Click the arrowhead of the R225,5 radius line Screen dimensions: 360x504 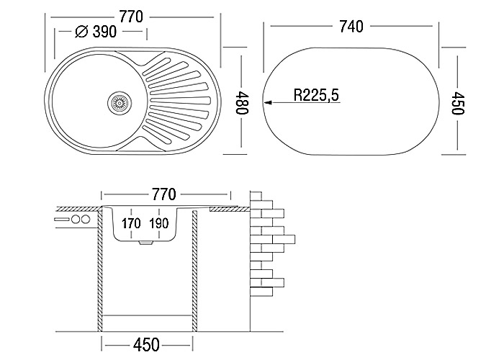(x=268, y=102)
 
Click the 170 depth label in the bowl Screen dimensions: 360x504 (x=131, y=223)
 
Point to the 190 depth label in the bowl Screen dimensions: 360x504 (x=158, y=223)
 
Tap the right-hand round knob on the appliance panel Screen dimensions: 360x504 (x=86, y=220)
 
